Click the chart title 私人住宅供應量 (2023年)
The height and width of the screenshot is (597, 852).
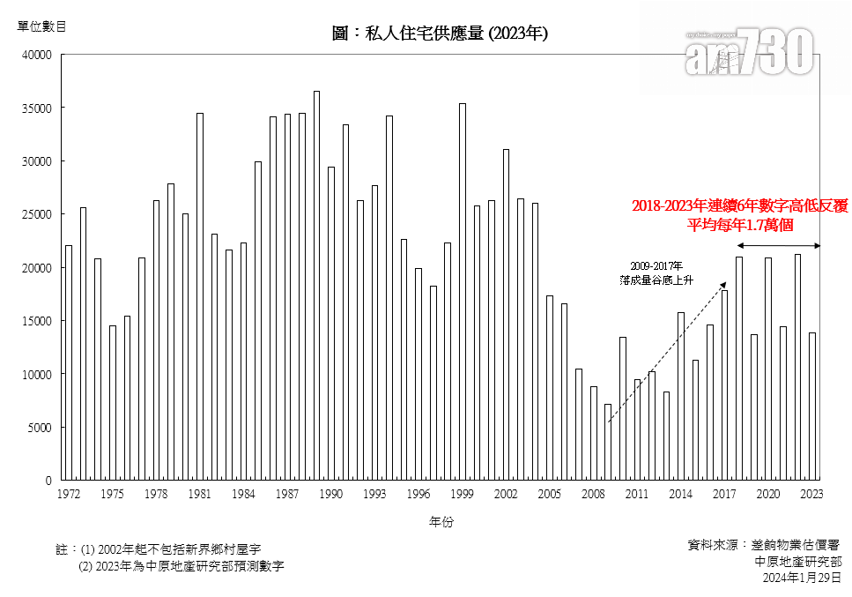[440, 34]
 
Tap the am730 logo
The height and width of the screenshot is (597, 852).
[748, 52]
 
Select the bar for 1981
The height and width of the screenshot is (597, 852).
[200, 296]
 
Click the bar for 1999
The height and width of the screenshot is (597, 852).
[463, 292]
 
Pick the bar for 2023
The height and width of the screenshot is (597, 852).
[812, 407]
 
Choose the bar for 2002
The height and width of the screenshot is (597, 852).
[506, 315]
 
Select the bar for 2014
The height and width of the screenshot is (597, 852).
[681, 396]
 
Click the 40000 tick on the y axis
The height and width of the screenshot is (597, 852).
[39, 55]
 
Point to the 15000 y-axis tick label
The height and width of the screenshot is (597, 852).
[39, 321]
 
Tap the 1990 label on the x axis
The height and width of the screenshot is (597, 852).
[331, 495]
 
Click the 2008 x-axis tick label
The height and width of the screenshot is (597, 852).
[593, 495]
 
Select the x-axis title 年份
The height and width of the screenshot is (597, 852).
[441, 522]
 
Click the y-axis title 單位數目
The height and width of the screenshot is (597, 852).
[42, 26]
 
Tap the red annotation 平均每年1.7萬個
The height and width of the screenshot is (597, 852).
[740, 224]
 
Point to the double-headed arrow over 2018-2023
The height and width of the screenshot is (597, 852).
[779, 245]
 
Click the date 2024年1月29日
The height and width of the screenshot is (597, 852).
[801, 578]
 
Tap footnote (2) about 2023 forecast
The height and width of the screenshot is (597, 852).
[182, 566]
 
